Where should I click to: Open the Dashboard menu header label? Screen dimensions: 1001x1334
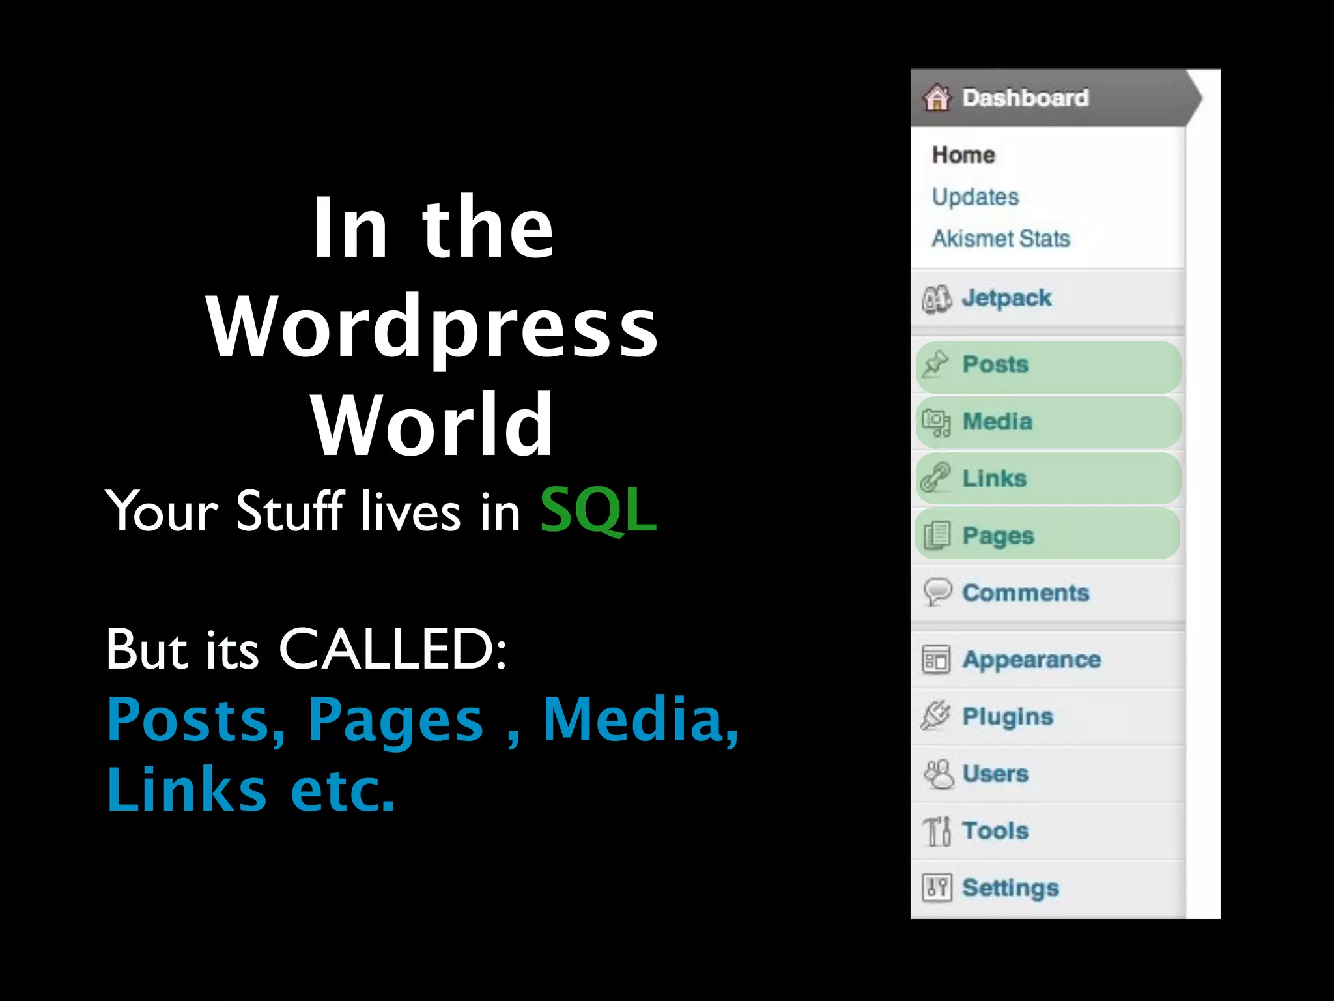pos(1025,98)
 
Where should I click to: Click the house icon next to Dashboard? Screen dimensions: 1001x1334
pos(937,98)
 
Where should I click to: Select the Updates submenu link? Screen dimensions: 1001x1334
pos(975,197)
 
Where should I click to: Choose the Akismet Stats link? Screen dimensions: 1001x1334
pos(1000,239)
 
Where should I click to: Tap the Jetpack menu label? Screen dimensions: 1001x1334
pos(1006,298)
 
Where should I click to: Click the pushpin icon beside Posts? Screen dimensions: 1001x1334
pos(935,364)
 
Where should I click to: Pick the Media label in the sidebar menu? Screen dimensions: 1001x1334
pos(997,422)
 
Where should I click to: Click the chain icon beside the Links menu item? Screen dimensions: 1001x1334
pos(935,478)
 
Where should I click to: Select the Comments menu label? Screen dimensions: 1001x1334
pos(1025,593)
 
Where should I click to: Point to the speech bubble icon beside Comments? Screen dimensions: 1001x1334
pos(937,592)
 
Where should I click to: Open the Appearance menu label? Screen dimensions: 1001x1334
pos(1031,660)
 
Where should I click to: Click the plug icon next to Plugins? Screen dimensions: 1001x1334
pos(935,716)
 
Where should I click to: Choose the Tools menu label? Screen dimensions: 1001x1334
pos(995,831)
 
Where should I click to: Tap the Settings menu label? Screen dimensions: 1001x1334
pos(1010,888)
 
